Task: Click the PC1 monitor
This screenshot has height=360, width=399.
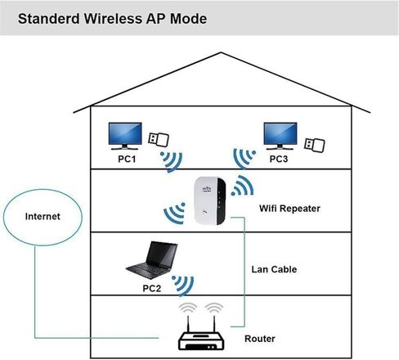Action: tap(125, 136)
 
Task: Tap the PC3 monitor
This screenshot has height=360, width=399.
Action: tap(280, 136)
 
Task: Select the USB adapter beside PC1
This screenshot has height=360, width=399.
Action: tap(159, 139)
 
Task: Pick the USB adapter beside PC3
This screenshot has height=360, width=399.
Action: tap(315, 145)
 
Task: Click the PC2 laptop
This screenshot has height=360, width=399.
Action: tap(152, 260)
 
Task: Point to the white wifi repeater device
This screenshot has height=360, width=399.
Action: tap(210, 200)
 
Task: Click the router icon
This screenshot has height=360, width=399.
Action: tap(201, 333)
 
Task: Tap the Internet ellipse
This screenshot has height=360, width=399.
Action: tap(43, 218)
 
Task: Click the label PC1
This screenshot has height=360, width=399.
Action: tap(127, 159)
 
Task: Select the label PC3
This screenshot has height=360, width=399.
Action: tap(279, 159)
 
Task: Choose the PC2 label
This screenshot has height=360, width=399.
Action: tap(152, 288)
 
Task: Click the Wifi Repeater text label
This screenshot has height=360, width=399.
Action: tap(289, 209)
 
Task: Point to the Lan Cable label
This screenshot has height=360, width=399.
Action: tap(274, 269)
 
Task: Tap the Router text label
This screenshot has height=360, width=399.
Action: tap(260, 339)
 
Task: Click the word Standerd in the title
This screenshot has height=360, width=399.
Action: tap(49, 19)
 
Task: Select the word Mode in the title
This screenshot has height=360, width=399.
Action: tap(188, 19)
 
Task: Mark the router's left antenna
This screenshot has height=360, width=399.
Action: tap(188, 324)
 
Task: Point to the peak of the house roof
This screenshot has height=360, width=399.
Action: tap(221, 52)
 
